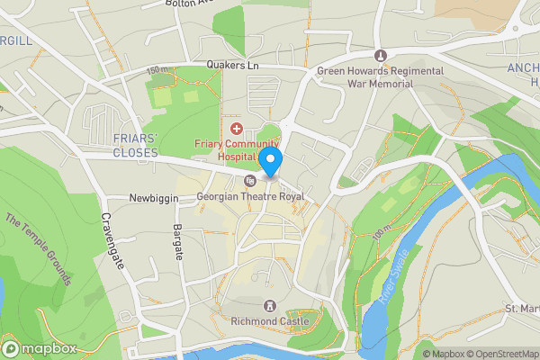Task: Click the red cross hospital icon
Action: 237,130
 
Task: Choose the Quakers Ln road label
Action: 231,65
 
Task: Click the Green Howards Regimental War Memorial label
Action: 380,76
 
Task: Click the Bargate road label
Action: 177,240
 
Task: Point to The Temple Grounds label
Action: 38,249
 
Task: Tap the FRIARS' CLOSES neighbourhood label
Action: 135,144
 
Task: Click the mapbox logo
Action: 38,348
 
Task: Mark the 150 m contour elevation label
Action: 157,69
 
